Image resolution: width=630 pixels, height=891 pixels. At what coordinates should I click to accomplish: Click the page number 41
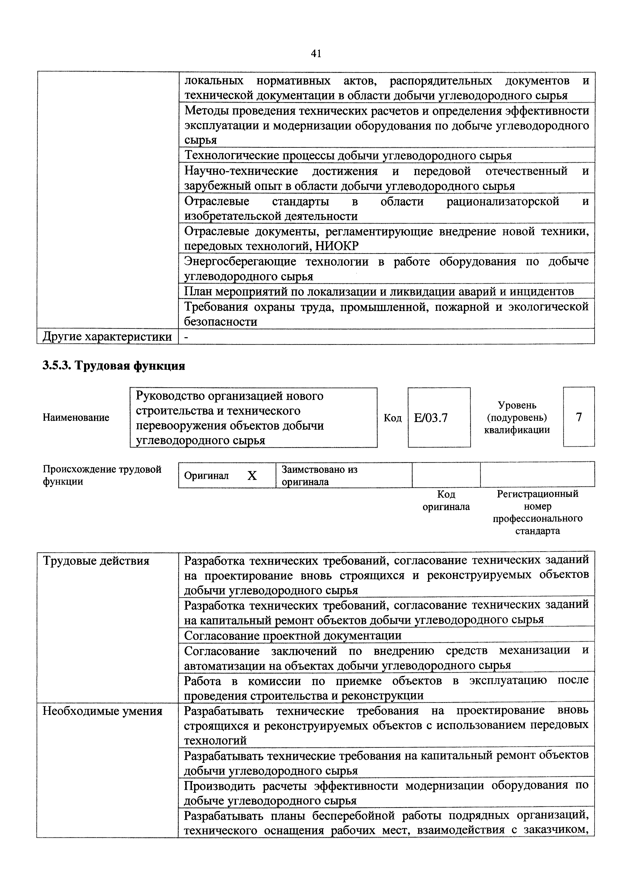click(x=316, y=54)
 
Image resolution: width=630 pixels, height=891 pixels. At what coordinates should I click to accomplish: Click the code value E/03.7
click(x=431, y=417)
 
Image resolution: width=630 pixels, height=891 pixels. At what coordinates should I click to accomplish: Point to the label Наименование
click(x=76, y=417)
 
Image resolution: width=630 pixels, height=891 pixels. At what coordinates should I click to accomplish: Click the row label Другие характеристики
click(x=107, y=336)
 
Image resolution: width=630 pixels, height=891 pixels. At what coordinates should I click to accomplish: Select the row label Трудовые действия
click(x=96, y=561)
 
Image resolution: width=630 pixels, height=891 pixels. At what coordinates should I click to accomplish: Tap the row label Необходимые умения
click(x=102, y=711)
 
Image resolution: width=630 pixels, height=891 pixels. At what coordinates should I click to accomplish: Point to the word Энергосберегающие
click(x=240, y=262)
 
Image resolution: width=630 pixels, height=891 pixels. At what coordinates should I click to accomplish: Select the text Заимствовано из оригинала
click(x=319, y=475)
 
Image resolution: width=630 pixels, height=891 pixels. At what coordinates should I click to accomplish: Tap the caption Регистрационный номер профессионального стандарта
click(x=538, y=512)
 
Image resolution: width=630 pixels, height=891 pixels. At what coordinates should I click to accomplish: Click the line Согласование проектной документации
click(x=293, y=636)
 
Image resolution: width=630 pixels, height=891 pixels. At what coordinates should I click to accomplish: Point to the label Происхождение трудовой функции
click(x=102, y=475)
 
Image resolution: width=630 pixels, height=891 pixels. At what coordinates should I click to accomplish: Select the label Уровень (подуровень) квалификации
click(x=517, y=417)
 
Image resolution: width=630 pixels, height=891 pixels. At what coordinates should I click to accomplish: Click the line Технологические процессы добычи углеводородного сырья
click(x=348, y=156)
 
